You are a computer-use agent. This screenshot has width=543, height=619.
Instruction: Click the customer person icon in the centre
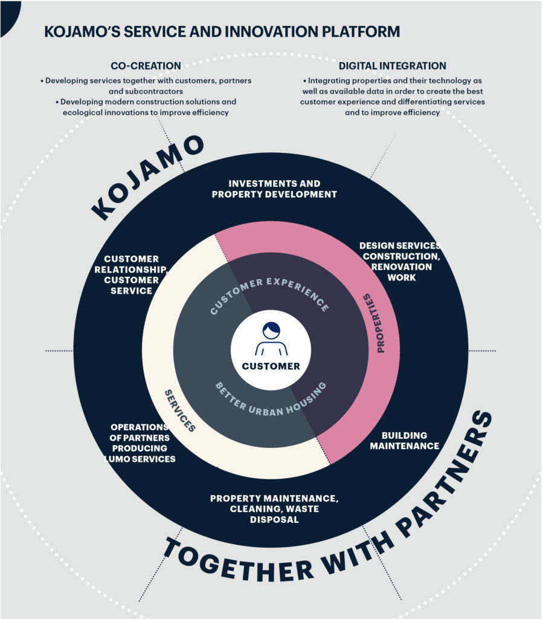coord(271,339)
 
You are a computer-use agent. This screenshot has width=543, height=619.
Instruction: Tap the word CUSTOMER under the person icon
coord(271,366)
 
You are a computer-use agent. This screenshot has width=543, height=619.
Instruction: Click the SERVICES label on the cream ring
coord(180,410)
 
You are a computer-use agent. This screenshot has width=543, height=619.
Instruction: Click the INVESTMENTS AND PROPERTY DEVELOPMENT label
coord(274,189)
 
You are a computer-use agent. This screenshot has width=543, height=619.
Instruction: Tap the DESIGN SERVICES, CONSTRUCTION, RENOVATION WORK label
coord(401,261)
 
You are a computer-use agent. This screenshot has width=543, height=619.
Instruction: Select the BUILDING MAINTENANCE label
coord(404,441)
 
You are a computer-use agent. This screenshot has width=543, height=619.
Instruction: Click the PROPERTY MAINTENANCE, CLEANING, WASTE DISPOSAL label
coord(274,509)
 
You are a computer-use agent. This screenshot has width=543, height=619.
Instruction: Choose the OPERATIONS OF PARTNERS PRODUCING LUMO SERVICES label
coord(140,443)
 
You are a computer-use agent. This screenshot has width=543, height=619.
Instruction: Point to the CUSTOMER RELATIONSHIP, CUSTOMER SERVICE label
coord(131,275)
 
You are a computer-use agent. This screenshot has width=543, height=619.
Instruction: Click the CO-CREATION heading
coord(146,65)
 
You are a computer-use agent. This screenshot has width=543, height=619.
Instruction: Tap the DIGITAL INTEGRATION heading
coord(393,65)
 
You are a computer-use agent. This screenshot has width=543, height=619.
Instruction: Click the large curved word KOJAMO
coord(147,177)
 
